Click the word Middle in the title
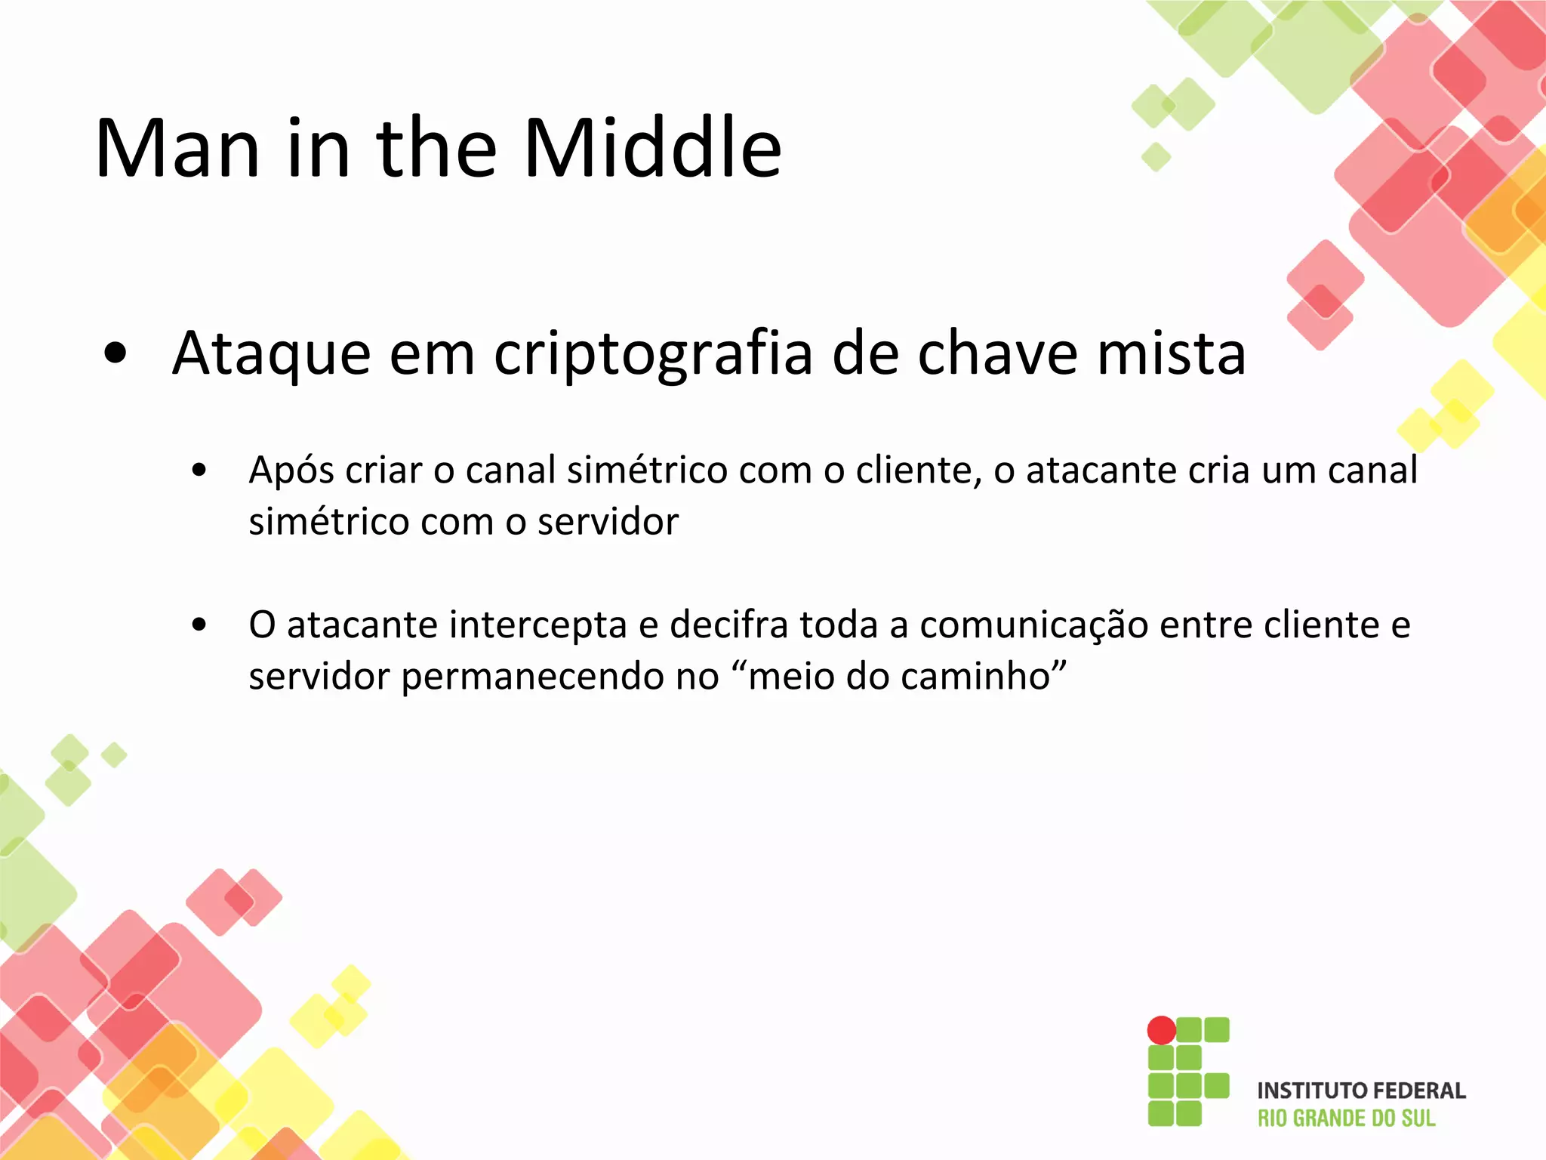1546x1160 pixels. (652, 149)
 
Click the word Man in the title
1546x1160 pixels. (178, 149)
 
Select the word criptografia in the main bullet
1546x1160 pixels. (653, 354)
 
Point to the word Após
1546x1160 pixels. (291, 471)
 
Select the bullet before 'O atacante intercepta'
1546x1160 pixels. (199, 625)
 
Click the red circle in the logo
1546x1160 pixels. (1161, 1030)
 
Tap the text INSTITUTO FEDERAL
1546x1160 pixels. (1361, 1091)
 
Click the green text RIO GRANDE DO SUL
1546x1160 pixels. (1346, 1118)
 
